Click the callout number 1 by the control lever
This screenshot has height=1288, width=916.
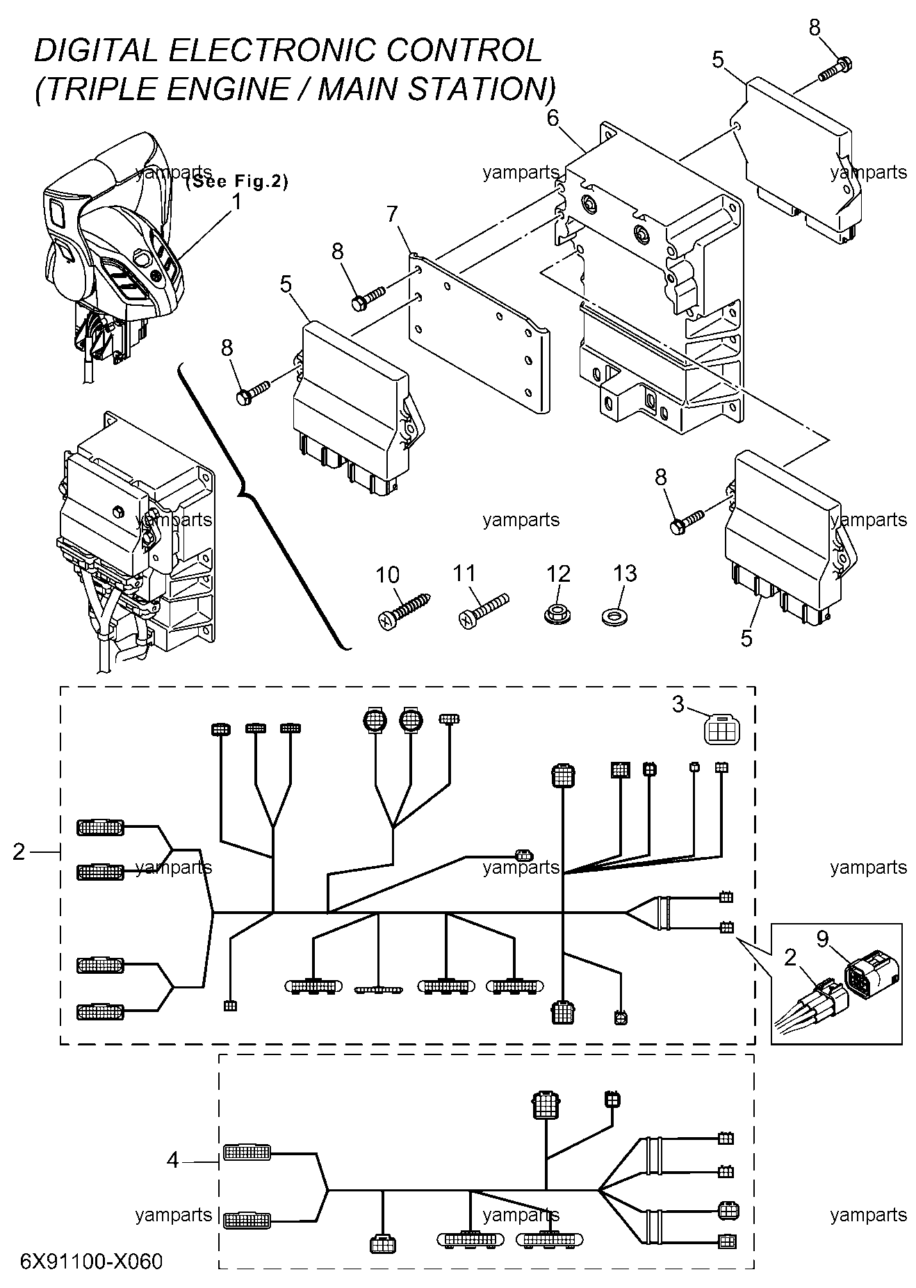tap(236, 202)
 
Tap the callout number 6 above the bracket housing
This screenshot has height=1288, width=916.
tap(553, 118)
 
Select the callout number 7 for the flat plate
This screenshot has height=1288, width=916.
tap(393, 214)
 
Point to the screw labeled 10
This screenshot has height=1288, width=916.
tap(404, 610)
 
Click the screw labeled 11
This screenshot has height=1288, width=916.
tap(484, 610)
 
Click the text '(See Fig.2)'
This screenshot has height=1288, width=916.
tap(237, 182)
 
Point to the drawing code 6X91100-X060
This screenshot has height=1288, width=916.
tap(92, 1260)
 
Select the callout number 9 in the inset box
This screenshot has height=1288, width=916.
tap(822, 939)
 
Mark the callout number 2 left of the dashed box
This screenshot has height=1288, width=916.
tap(19, 851)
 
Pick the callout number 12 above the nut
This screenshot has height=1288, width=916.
tap(558, 573)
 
